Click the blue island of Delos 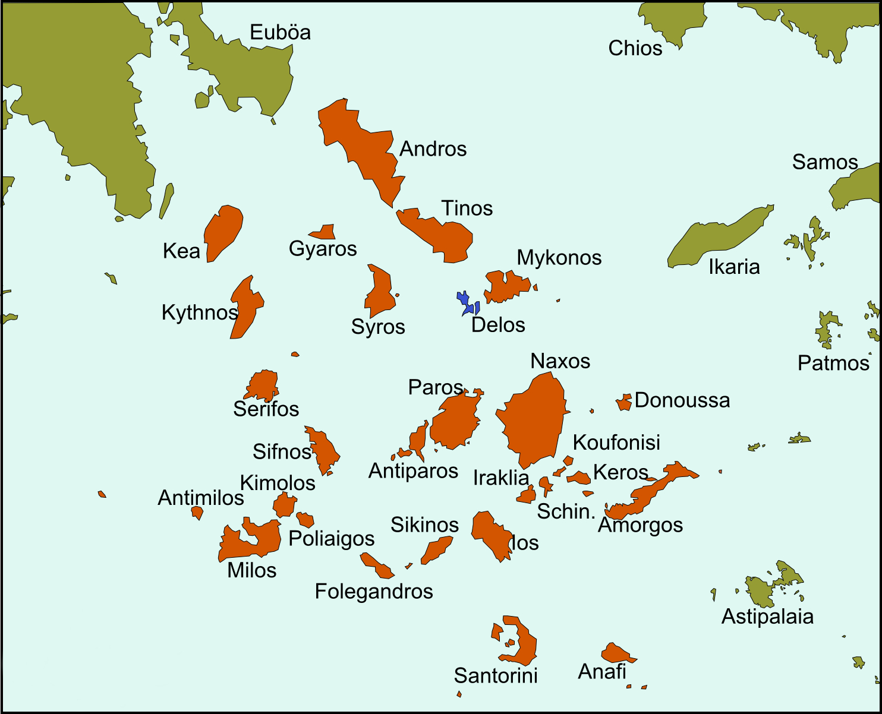click(464, 301)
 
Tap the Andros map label click(433, 149)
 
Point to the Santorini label click(496, 675)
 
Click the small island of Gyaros click(325, 232)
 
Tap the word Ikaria click(734, 267)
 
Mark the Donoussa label click(682, 400)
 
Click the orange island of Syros click(379, 292)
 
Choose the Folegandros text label click(374, 592)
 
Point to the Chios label click(635, 48)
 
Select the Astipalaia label click(767, 617)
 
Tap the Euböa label click(280, 32)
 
